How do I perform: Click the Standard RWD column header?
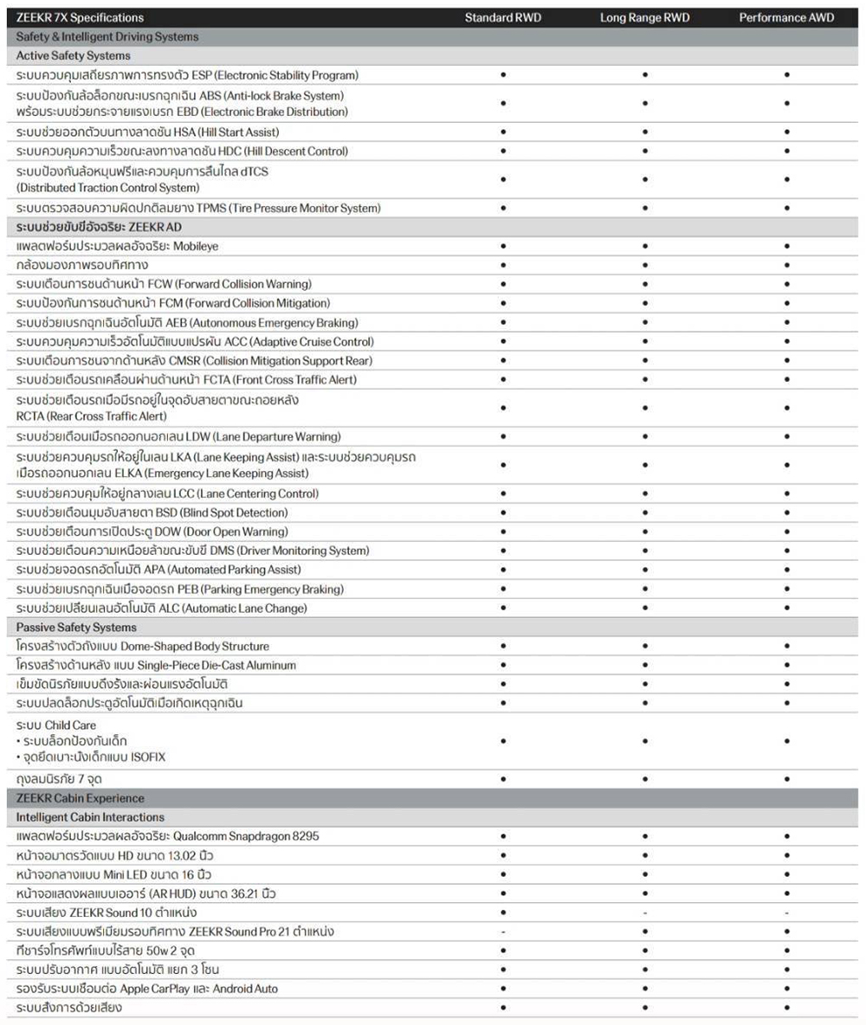click(503, 17)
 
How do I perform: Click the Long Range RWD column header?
click(644, 17)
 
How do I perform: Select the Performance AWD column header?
click(786, 17)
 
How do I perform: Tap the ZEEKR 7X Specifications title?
click(81, 17)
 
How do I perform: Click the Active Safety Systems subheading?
click(74, 55)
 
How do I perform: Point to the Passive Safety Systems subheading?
click(76, 627)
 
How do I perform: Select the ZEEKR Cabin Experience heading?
click(81, 798)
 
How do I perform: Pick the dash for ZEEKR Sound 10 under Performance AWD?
click(786, 912)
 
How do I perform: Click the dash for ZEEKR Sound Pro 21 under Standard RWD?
click(503, 932)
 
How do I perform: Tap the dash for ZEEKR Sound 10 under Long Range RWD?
click(645, 912)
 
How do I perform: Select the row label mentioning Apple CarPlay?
click(147, 989)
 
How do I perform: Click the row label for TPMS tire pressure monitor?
click(198, 208)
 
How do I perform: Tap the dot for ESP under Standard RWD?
click(503, 75)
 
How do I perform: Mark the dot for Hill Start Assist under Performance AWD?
click(786, 132)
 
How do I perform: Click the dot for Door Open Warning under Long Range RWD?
click(645, 532)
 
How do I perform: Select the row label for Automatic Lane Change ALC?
click(162, 608)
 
